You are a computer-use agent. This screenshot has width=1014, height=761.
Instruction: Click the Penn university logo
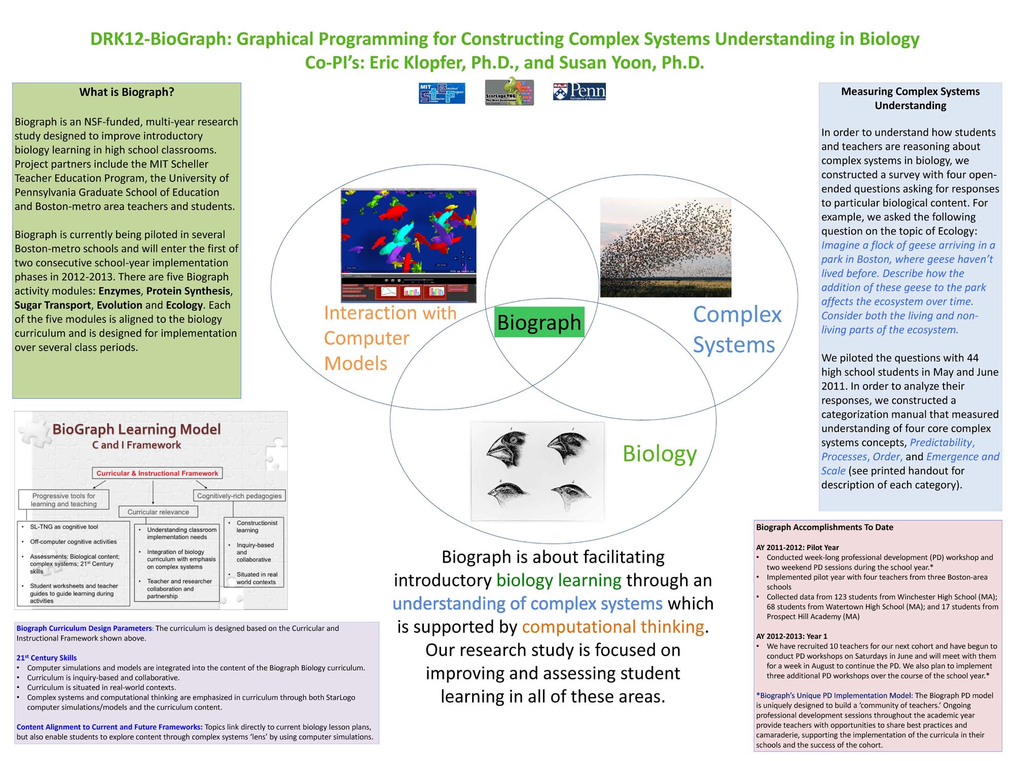pyautogui.click(x=580, y=92)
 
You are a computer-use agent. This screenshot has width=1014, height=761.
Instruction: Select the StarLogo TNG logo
pyautogui.click(x=509, y=92)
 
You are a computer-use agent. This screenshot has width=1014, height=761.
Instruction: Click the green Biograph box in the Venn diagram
pyautogui.click(x=539, y=322)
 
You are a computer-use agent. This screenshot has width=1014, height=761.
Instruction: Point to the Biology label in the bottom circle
pyautogui.click(x=659, y=453)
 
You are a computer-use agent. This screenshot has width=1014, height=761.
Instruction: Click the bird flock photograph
pyautogui.click(x=665, y=247)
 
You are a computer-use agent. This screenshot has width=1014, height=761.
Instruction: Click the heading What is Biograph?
pyautogui.click(x=127, y=92)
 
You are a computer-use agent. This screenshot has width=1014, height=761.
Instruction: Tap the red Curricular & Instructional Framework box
pyautogui.click(x=157, y=473)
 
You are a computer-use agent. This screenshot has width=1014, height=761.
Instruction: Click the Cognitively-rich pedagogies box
pyautogui.click(x=239, y=496)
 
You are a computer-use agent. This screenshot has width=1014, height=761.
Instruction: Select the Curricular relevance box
pyautogui.click(x=158, y=512)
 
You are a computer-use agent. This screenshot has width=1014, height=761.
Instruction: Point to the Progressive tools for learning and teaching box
pyautogui.click(x=63, y=500)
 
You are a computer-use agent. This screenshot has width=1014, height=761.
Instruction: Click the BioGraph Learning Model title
pyautogui.click(x=136, y=429)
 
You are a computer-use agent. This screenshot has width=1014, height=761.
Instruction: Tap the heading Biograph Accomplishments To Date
pyautogui.click(x=824, y=527)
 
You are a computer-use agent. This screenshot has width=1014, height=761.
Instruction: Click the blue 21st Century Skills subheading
pyautogui.click(x=47, y=658)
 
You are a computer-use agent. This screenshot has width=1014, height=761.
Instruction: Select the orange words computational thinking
pyautogui.click(x=613, y=627)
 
